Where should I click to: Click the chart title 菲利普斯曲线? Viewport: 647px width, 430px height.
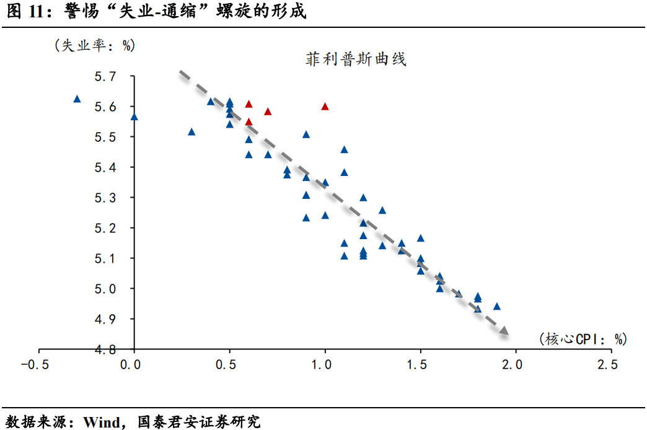[x=356, y=59]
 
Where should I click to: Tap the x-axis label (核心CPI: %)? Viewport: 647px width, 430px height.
[x=583, y=338]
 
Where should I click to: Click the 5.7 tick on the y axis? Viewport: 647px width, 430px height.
[x=105, y=77]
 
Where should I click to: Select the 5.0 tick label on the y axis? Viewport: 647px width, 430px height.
[x=105, y=289]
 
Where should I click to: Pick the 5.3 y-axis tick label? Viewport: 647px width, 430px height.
[x=105, y=198]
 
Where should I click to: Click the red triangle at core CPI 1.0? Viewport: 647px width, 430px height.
[x=325, y=107]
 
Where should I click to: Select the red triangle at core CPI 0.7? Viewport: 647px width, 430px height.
[x=268, y=112]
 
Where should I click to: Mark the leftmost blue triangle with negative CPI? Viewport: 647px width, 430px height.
[x=77, y=99]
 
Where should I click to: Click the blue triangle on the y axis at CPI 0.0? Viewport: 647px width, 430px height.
[x=134, y=116]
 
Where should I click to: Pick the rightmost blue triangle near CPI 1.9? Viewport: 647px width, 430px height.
[x=496, y=306]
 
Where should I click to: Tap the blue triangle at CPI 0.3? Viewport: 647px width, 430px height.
[x=191, y=132]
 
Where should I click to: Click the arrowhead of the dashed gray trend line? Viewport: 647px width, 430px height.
[x=504, y=331]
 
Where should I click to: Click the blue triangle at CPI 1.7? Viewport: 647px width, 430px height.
[x=459, y=294]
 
